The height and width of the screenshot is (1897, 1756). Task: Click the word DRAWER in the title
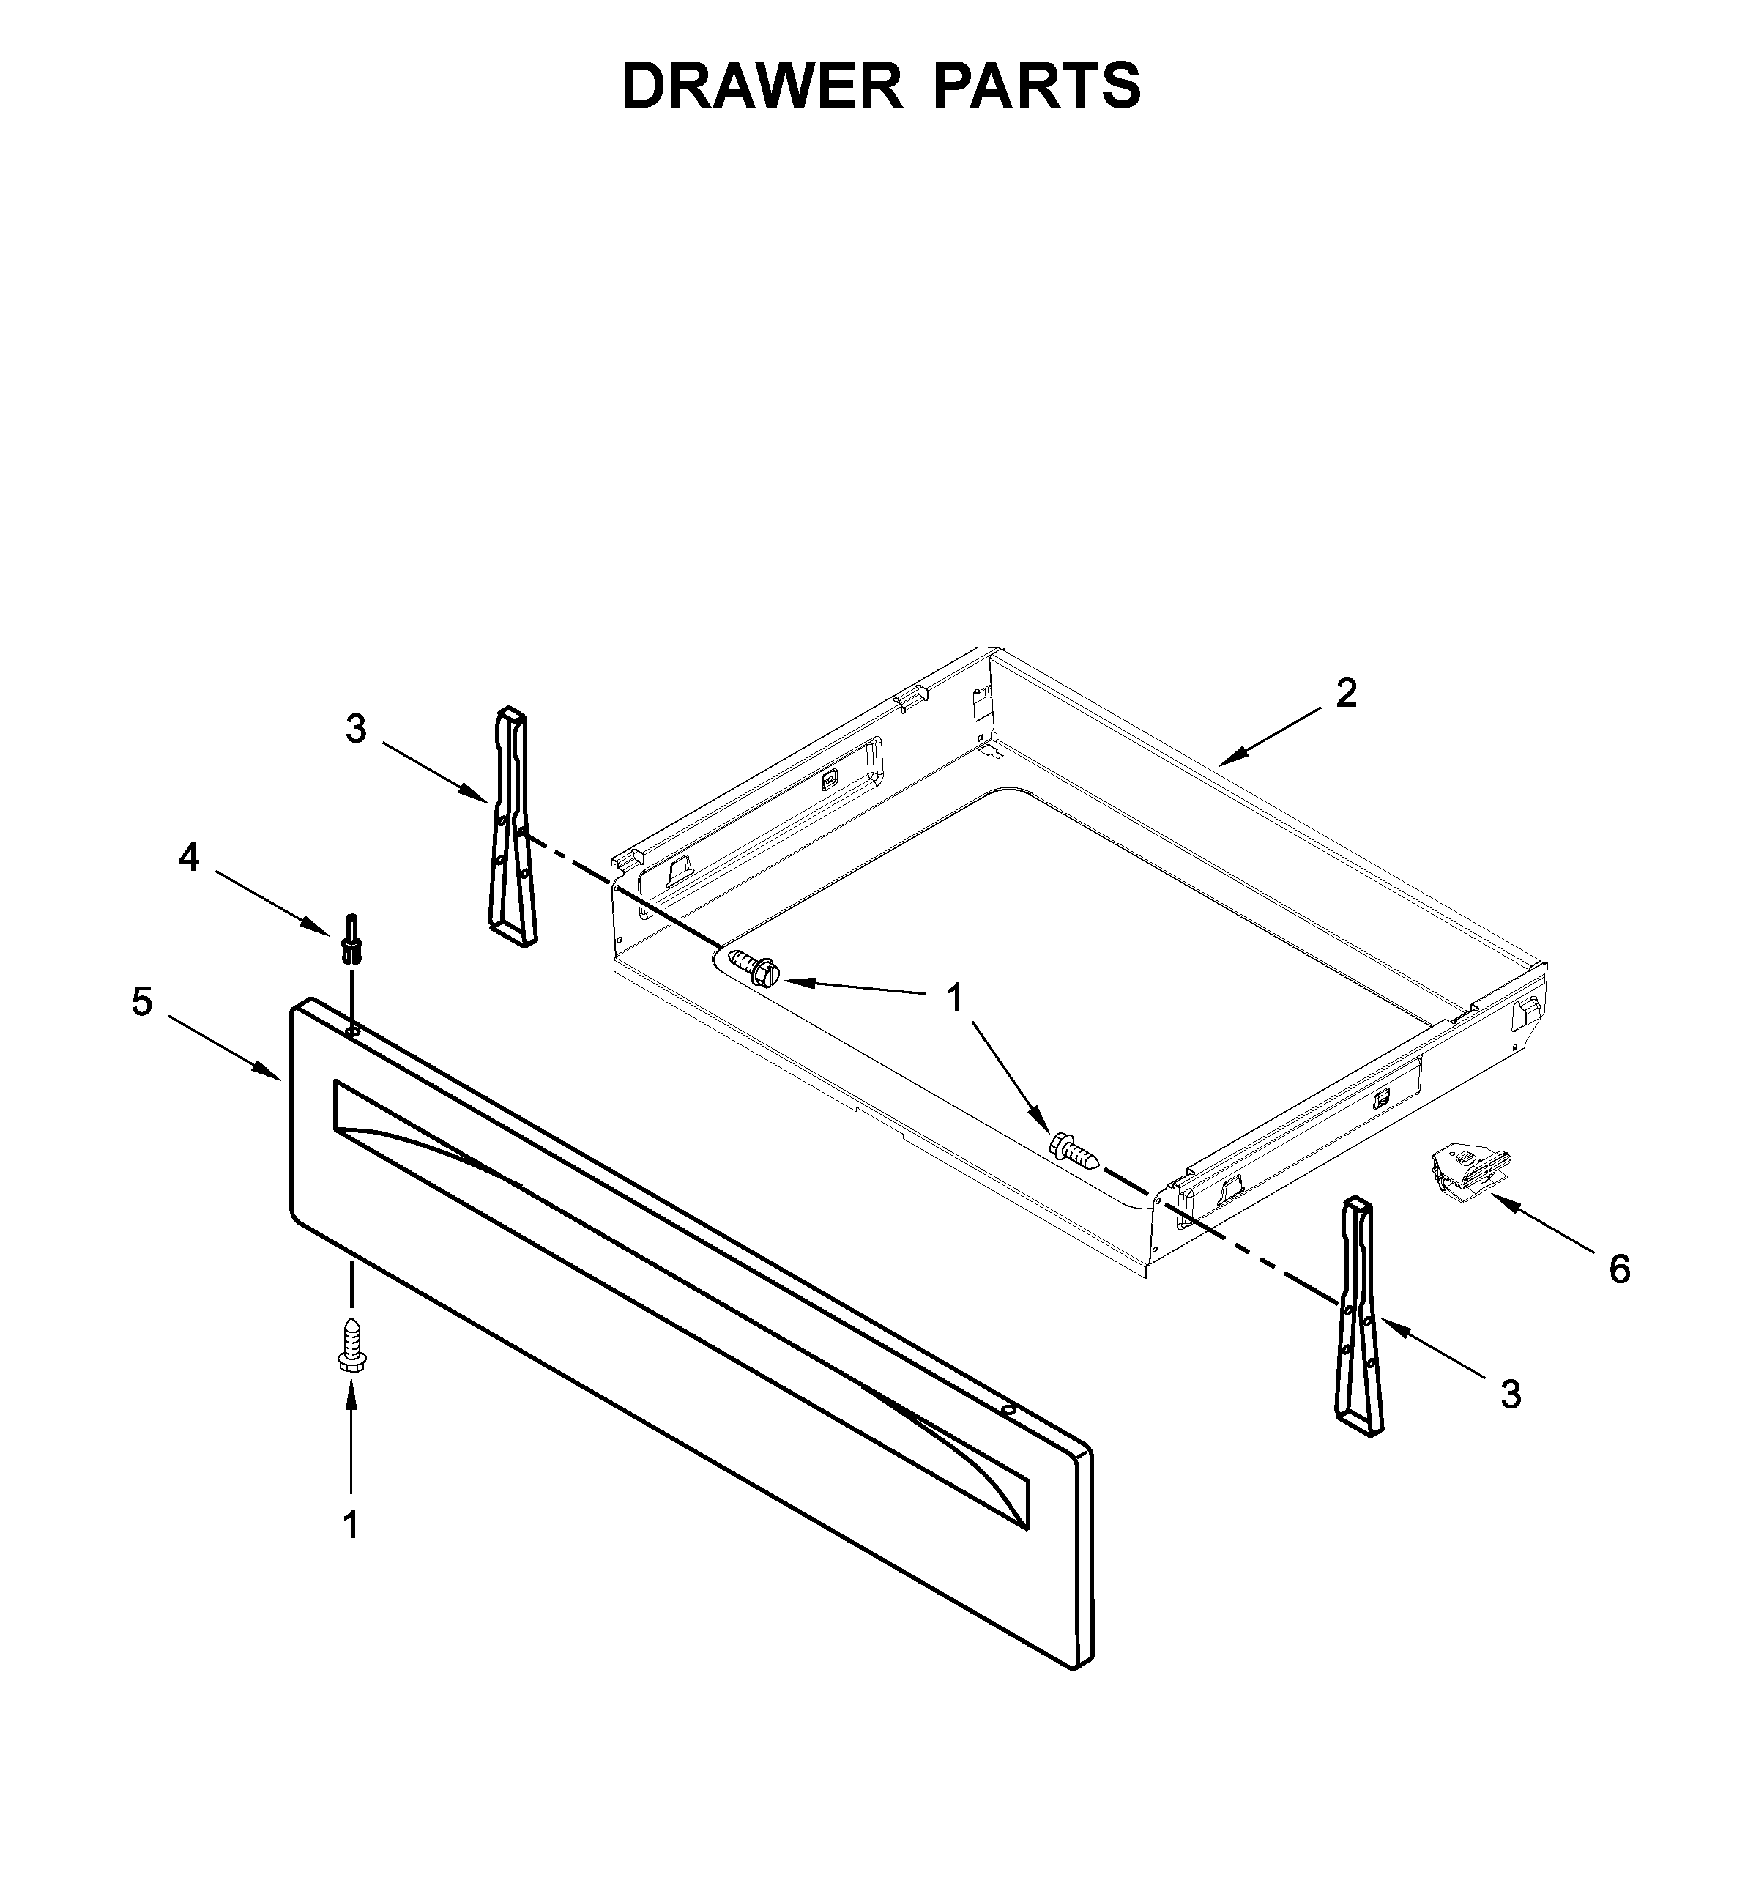pyautogui.click(x=761, y=86)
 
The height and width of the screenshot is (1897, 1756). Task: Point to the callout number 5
pyautogui.click(x=141, y=1002)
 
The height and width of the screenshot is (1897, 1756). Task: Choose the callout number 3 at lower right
pyautogui.click(x=1510, y=1395)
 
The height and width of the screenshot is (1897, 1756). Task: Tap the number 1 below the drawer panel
pyautogui.click(x=351, y=1524)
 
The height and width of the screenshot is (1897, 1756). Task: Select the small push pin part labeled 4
pyautogui.click(x=351, y=939)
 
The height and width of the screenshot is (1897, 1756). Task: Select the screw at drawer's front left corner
pyautogui.click(x=753, y=967)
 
